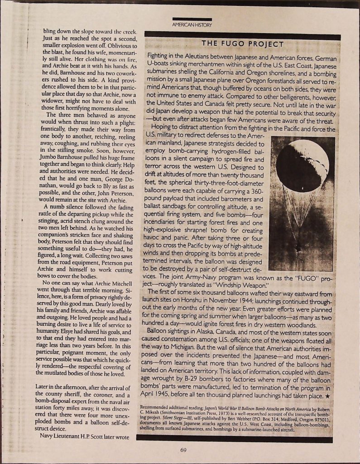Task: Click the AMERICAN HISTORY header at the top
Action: [192, 24]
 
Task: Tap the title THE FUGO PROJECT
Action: [242, 44]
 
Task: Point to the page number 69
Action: [183, 450]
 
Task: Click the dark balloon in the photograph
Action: [302, 165]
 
